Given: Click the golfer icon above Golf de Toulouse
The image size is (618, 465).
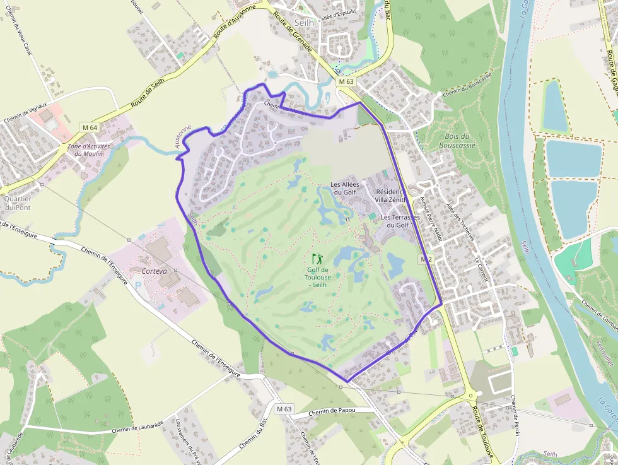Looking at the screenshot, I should (317, 258).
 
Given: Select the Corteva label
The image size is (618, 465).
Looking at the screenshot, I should (154, 271).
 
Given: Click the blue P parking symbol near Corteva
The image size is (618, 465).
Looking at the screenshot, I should (139, 285).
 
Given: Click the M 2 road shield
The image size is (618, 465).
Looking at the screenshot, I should (426, 259).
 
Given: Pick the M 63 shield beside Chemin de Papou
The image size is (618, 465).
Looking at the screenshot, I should (284, 409).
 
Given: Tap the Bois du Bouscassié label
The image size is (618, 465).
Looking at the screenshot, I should (457, 140).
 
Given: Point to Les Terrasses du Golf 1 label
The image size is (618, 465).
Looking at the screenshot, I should (397, 221).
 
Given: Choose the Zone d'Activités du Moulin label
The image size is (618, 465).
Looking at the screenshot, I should (88, 150).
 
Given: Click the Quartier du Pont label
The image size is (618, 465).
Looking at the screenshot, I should (18, 203).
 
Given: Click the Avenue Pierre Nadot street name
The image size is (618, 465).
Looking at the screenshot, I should (429, 221).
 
